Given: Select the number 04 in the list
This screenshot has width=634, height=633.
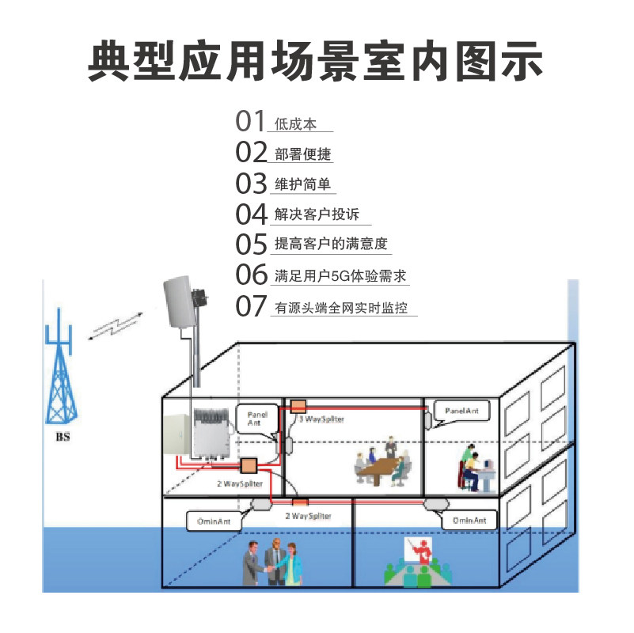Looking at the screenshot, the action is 252,214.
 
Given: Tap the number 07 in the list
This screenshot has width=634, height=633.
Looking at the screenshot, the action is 252,306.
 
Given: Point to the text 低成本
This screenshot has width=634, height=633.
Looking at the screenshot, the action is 295,124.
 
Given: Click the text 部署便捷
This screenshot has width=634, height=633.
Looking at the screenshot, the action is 303,154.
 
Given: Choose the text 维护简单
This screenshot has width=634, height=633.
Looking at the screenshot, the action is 303,185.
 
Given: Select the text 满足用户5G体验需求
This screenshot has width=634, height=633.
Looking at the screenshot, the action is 341,277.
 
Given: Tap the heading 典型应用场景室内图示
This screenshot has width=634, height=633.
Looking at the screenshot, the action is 316,60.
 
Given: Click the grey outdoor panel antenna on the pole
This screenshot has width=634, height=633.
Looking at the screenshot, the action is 184,305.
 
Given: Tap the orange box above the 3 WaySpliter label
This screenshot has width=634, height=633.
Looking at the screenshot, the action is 298,405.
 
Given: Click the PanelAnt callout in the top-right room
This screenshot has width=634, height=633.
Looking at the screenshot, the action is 461,411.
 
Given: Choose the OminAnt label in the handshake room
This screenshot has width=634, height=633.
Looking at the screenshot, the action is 214,521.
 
